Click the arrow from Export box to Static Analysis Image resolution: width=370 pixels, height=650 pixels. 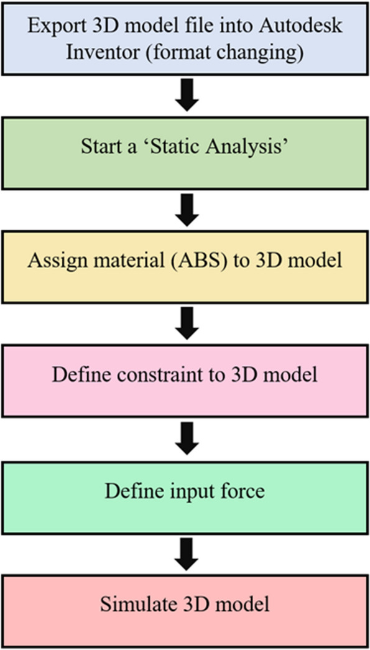point(187,98)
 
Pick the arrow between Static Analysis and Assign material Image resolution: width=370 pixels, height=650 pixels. point(187,212)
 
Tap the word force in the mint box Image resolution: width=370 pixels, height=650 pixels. point(244,491)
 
